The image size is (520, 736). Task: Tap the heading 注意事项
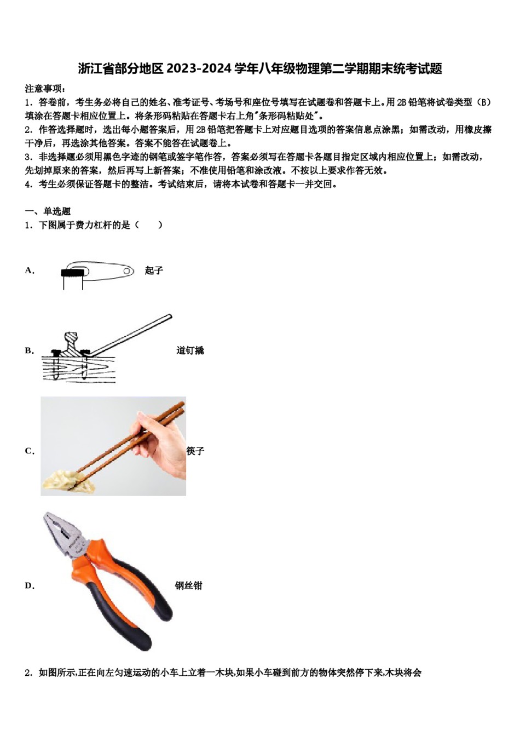45,88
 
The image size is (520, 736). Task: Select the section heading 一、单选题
48,211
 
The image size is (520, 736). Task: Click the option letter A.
30,271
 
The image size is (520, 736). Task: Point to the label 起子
154,271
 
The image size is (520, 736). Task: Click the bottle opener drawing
99,272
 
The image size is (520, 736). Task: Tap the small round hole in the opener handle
127,271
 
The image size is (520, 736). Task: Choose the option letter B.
29,350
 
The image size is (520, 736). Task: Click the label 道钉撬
190,350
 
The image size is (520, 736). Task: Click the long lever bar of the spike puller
131,334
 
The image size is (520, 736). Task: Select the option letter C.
30,451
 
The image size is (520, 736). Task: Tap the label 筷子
195,451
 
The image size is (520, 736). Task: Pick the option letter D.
30,586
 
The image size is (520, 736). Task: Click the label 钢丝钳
189,586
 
